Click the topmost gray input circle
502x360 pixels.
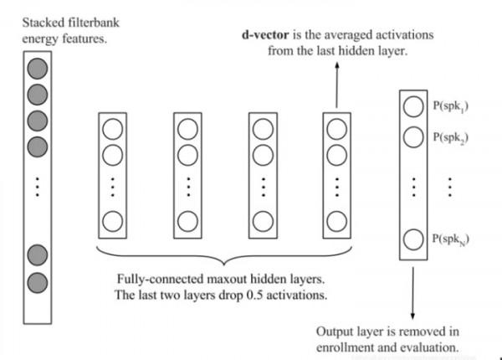coord(36,67)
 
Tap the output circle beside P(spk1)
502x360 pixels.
coord(412,106)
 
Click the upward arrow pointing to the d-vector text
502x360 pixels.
coord(336,84)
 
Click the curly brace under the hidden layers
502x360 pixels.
coord(219,252)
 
